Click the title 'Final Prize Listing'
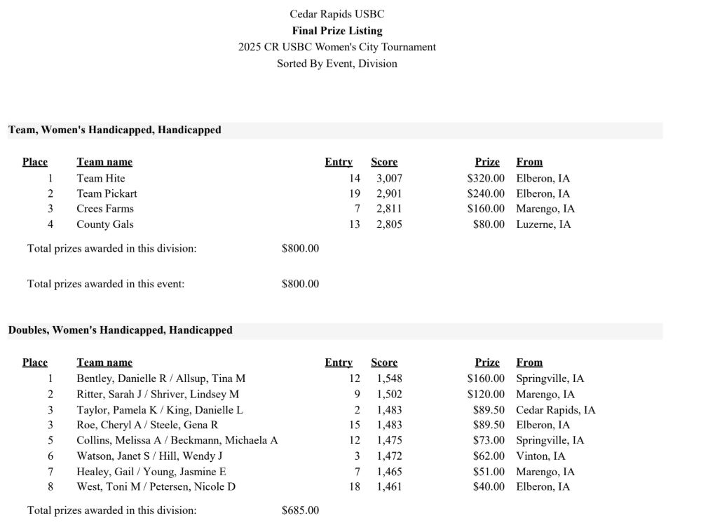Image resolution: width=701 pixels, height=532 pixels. point(337,31)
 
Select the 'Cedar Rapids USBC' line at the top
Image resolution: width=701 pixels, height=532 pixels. point(337,14)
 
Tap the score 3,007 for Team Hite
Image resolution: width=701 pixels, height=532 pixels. point(389,179)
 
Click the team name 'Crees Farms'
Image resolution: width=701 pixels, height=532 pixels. point(105,209)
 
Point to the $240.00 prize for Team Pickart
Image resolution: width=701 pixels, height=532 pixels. point(486,193)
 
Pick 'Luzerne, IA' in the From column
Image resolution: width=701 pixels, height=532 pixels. point(543,224)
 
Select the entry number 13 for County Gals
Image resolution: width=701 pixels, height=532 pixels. point(354,224)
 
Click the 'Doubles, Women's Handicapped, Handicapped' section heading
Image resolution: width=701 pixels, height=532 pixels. point(120,330)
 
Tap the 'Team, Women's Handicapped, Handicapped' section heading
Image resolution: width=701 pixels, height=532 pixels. point(114,130)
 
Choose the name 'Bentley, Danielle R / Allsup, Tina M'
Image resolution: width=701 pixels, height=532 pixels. point(161,378)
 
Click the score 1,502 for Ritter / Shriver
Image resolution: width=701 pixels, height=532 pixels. point(389,395)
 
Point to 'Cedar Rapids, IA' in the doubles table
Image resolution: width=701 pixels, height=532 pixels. point(555,410)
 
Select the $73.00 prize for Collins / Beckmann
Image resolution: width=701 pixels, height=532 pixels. point(489,440)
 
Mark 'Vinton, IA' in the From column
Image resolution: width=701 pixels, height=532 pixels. point(540,456)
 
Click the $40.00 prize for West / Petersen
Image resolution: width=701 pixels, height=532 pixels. point(489,487)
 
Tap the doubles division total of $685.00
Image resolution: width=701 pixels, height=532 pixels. point(300,510)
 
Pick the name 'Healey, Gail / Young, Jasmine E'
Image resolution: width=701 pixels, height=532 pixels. point(151,472)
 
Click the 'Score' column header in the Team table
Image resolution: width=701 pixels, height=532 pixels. point(384,162)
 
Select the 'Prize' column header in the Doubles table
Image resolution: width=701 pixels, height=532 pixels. point(487,362)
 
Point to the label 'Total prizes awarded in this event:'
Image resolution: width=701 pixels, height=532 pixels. point(106,284)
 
